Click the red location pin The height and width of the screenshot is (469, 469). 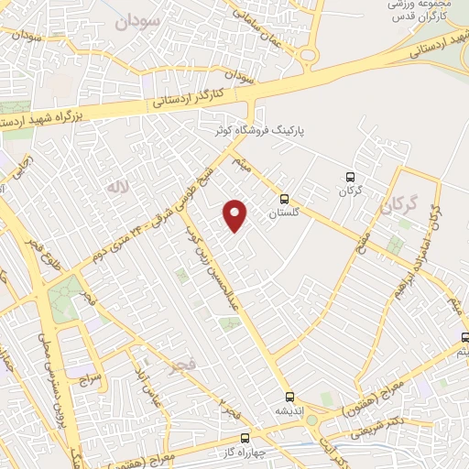point(235,214)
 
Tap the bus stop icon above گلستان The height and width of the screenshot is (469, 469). point(284,198)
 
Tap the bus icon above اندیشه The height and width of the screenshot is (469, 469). point(290,397)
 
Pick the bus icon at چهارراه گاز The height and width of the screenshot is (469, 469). point(245,438)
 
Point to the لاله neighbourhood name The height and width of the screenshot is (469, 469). point(115,188)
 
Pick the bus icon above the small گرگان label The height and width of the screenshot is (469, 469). point(349,177)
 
